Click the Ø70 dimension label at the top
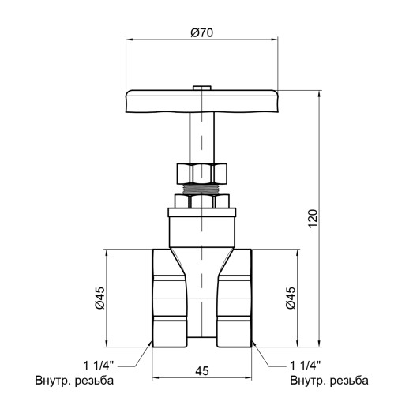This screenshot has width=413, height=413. coord(203,32)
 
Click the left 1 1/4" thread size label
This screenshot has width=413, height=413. coord(99,366)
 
